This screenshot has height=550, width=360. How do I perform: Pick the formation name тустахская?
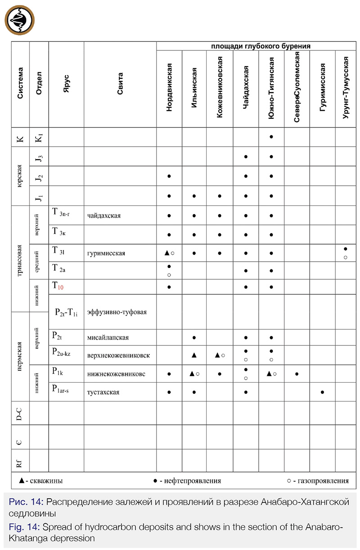point(103,392)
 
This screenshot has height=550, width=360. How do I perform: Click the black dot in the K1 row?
point(271,136)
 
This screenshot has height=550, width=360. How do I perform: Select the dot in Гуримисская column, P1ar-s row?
point(322,392)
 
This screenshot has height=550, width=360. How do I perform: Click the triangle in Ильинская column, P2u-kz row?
point(194,355)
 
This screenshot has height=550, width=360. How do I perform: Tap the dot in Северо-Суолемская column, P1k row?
point(297,373)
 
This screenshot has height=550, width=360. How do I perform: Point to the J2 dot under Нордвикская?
point(169,176)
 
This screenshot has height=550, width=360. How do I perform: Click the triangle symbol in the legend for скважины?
point(21,480)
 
